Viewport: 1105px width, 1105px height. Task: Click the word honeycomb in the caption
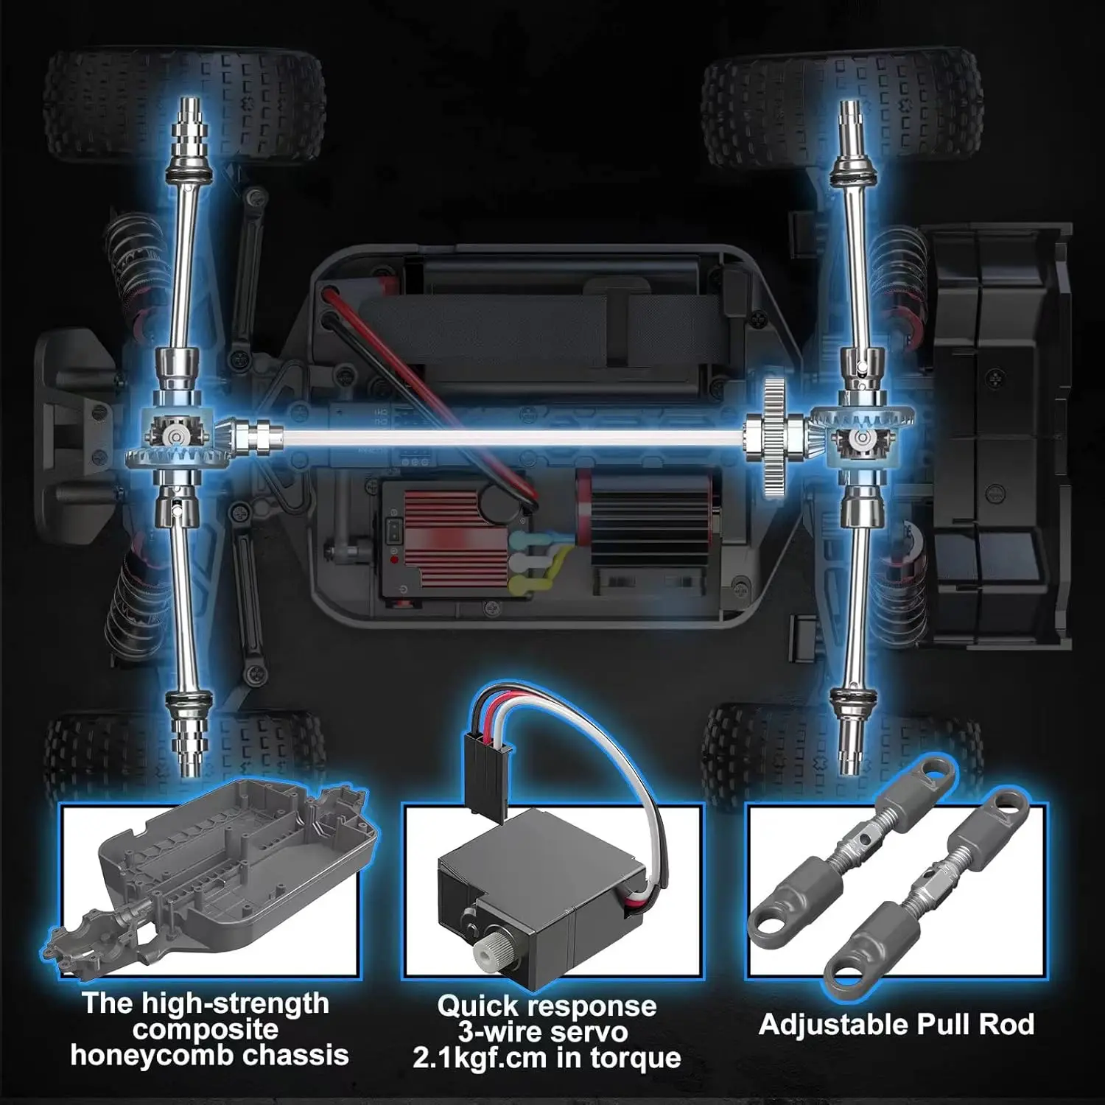coord(152,1055)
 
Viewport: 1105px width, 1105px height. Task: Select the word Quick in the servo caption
coord(479,1006)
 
